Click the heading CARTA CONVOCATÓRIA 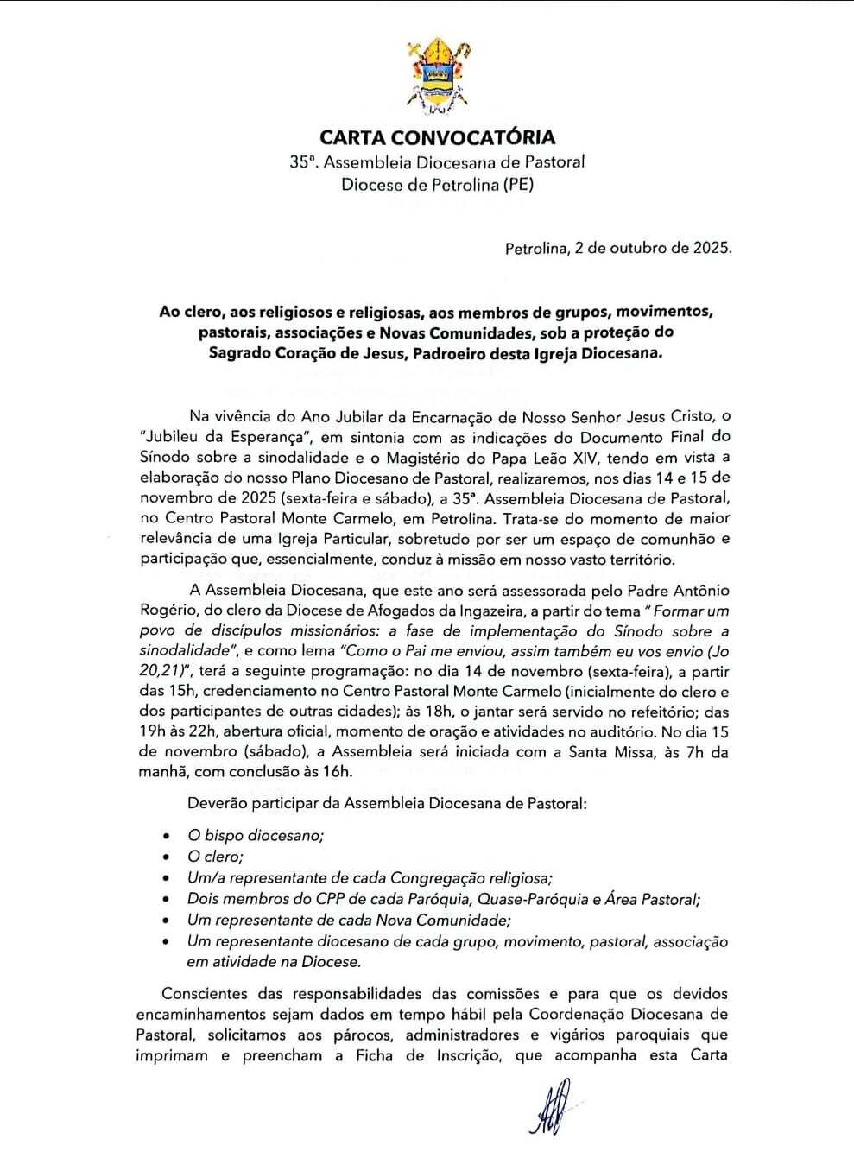(x=438, y=137)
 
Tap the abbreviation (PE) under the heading (x=518, y=183)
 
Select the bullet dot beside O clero (x=167, y=857)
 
